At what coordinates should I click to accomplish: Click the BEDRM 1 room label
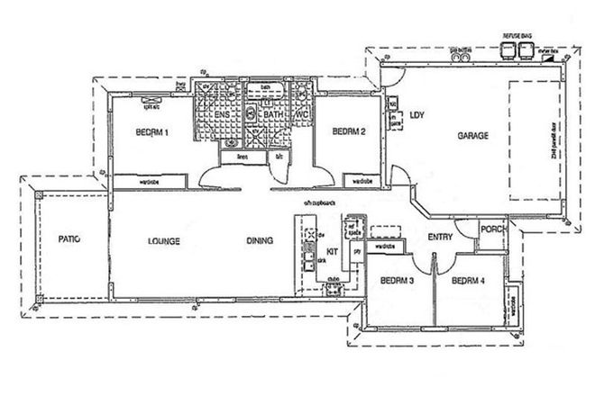pyautogui.click(x=153, y=132)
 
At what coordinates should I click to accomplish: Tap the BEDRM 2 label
pyautogui.click(x=348, y=132)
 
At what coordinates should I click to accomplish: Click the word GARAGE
pyautogui.click(x=472, y=136)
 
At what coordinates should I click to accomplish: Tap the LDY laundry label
pyautogui.click(x=416, y=115)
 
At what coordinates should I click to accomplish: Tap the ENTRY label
pyautogui.click(x=441, y=238)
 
